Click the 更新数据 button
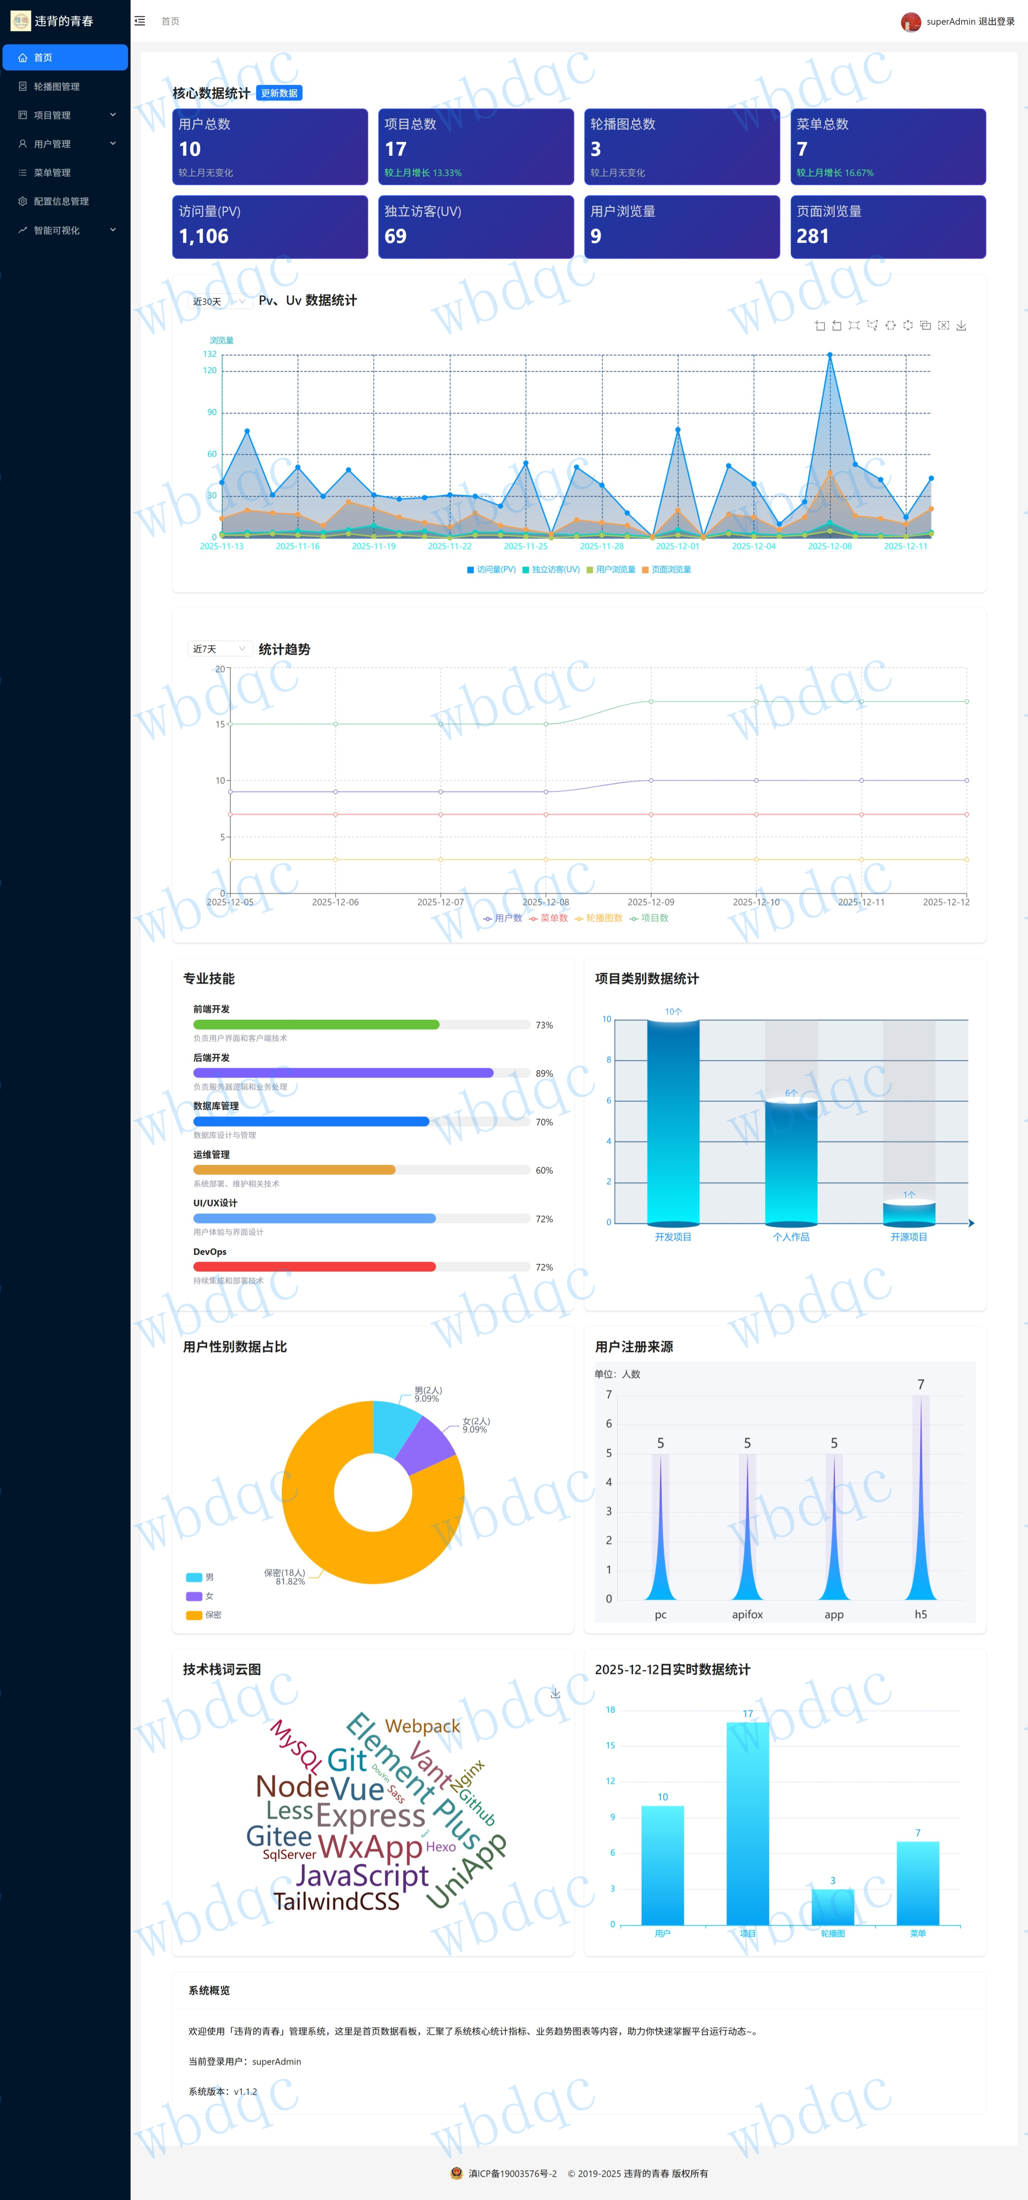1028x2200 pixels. pos(279,93)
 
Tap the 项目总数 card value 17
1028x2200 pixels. pos(395,149)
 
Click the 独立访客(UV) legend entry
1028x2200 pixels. pos(551,570)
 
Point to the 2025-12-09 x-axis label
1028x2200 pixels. pos(651,902)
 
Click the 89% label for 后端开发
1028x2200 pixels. pos(544,1073)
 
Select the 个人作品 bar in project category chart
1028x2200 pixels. pos(791,1162)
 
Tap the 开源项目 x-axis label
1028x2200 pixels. pos(909,1237)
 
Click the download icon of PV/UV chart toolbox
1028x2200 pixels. pos(962,326)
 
